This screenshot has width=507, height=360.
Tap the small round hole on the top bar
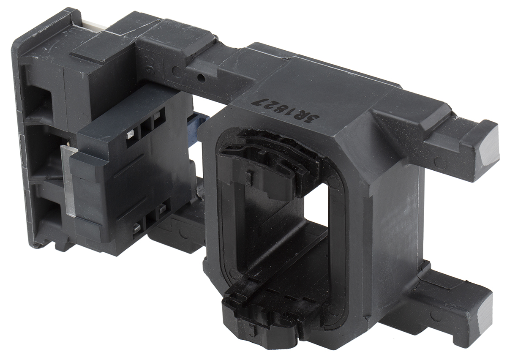[201, 79]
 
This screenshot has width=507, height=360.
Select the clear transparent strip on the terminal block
[68, 181]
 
